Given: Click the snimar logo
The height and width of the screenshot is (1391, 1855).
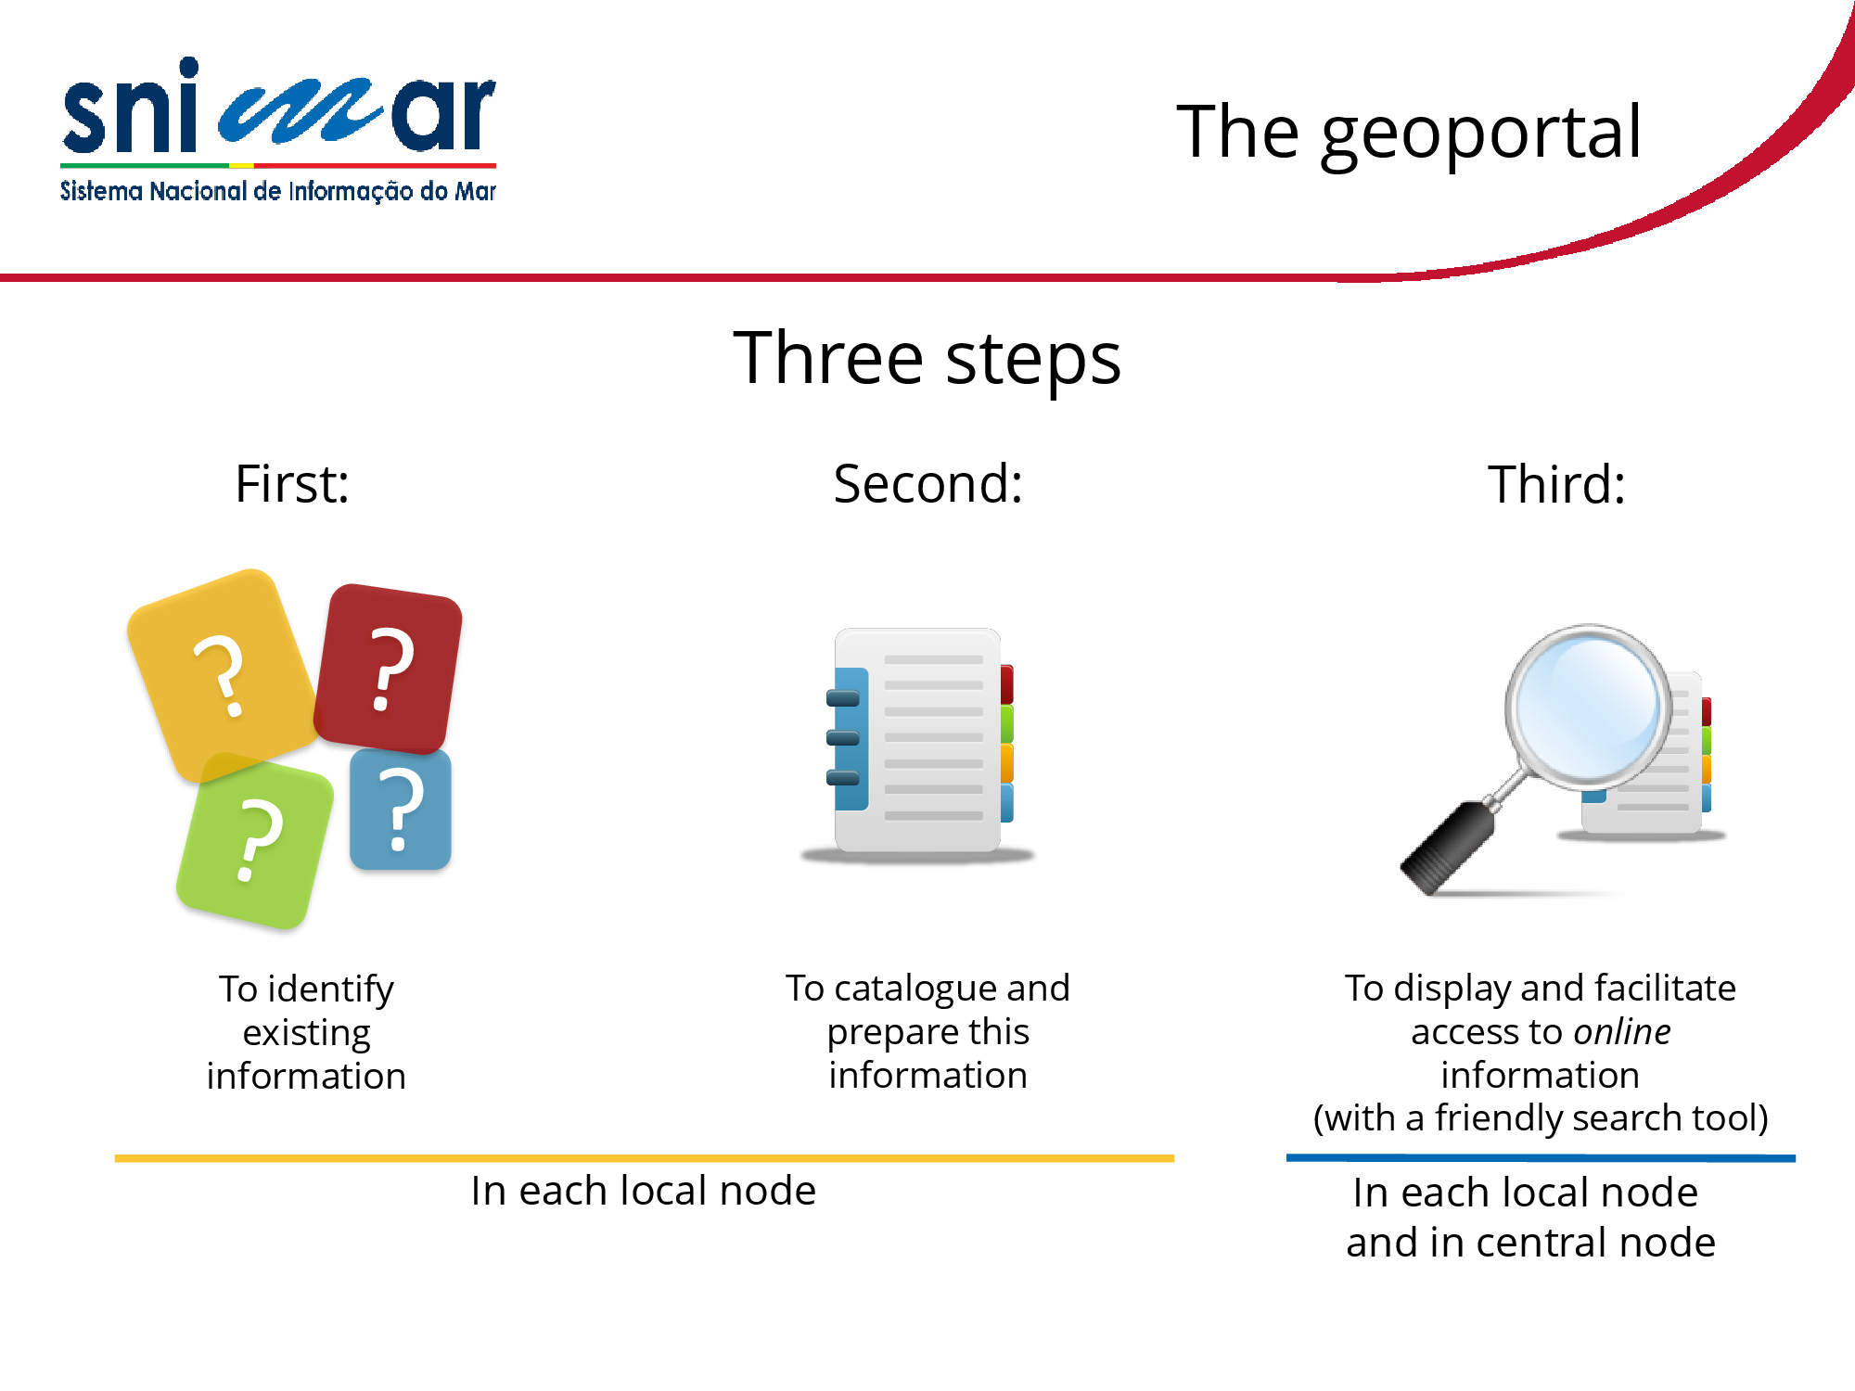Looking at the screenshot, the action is (x=278, y=130).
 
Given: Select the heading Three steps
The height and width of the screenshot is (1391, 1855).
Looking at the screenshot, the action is (x=927, y=359).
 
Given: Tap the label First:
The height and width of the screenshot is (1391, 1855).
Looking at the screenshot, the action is (x=292, y=483).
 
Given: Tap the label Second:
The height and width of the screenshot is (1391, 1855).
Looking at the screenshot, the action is (x=927, y=483).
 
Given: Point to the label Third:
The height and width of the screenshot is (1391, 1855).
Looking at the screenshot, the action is (x=1556, y=483).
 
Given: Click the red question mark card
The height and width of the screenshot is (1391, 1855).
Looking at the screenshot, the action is (x=389, y=669).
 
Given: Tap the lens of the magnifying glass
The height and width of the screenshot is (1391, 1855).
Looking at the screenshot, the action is (x=1588, y=706).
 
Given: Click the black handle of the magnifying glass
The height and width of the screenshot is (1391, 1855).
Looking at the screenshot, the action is (x=1447, y=848).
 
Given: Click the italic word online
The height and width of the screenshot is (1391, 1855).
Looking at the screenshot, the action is (x=1622, y=1031).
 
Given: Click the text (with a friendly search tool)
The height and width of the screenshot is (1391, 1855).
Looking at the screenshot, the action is (x=1541, y=1118).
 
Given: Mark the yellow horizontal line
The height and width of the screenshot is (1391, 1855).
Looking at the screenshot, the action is (x=645, y=1158).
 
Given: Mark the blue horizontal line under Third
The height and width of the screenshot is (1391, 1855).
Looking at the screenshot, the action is (x=1541, y=1158).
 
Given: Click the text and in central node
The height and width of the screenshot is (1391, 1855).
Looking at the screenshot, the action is (x=1530, y=1243).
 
